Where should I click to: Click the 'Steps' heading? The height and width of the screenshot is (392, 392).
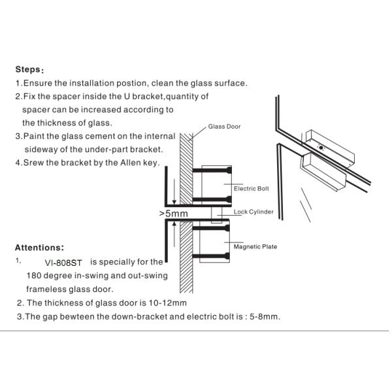coord(29,70)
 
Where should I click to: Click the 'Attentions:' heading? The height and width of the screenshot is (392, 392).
coord(39,248)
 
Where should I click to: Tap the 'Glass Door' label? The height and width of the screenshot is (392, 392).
coord(224,127)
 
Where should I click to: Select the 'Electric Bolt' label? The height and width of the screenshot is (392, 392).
coord(251,189)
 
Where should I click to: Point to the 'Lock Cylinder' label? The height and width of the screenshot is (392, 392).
coord(253,212)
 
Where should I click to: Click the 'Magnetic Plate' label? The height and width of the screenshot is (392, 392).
coord(255,246)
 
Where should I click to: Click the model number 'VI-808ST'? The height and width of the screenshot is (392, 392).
coord(63,262)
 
